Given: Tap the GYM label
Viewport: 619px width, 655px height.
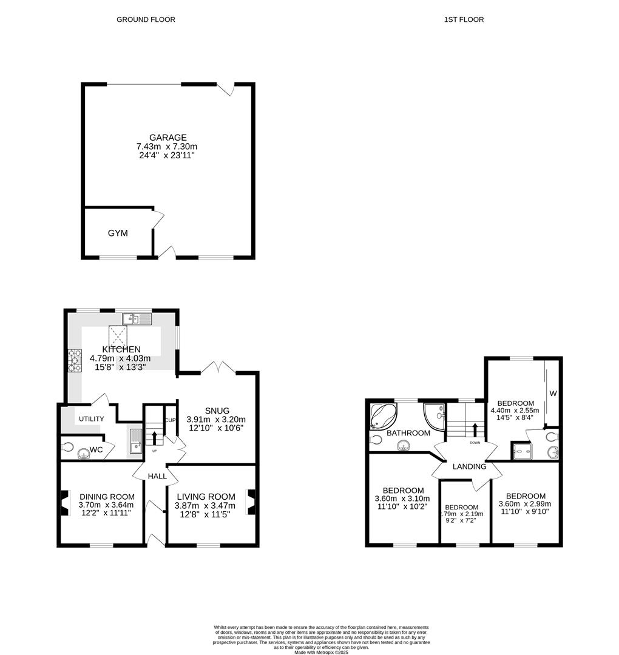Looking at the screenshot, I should pyautogui.click(x=118, y=233).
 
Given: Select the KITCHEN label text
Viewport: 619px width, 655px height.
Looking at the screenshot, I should pyautogui.click(x=121, y=349).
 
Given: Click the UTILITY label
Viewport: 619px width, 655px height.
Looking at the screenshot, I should pyautogui.click(x=90, y=419).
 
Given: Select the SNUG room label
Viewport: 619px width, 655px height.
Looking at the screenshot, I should pyautogui.click(x=217, y=411).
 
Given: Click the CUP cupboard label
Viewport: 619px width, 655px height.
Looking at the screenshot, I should pyautogui.click(x=171, y=420).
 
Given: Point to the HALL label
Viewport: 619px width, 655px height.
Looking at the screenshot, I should pyautogui.click(x=157, y=477).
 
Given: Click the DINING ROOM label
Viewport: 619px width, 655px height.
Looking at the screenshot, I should pyautogui.click(x=106, y=497).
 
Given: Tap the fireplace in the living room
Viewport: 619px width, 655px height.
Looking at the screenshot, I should pyautogui.click(x=251, y=502).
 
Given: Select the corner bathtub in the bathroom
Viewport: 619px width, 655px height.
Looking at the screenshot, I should pyautogui.click(x=383, y=415).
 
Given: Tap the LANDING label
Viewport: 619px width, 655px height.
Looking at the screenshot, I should pyautogui.click(x=469, y=466).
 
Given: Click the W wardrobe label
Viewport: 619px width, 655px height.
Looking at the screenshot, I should pyautogui.click(x=553, y=394).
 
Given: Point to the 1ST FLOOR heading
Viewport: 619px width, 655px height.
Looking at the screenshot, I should pyautogui.click(x=464, y=19).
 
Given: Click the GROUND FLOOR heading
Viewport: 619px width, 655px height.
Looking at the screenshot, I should pyautogui.click(x=146, y=19).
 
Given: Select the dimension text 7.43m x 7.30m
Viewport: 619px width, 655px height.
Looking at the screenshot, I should pyautogui.click(x=167, y=147).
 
